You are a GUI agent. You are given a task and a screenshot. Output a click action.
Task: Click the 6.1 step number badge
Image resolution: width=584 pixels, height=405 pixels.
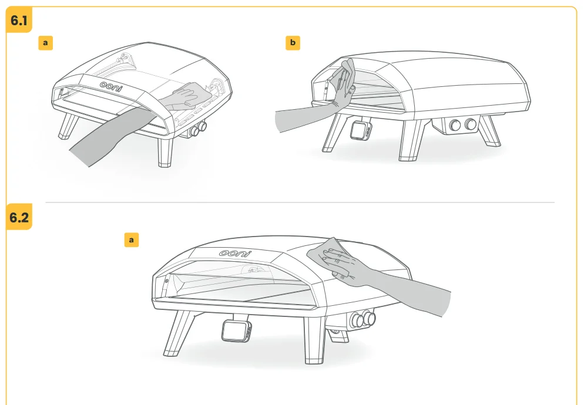tap(19, 20)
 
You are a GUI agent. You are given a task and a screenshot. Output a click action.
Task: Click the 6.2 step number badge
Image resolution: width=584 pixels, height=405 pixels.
tap(19, 217)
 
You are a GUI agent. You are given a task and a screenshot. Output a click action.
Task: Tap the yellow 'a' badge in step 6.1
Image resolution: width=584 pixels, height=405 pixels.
tap(45, 42)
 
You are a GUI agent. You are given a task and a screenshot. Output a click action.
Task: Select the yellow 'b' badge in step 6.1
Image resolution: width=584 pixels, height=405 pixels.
tap(293, 42)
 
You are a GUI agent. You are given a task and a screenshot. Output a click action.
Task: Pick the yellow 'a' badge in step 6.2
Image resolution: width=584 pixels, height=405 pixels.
tap(131, 239)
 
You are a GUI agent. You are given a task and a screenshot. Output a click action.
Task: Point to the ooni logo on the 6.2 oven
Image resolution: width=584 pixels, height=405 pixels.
tap(235, 254)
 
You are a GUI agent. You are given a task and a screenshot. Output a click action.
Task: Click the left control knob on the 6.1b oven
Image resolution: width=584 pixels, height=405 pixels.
tap(455, 125)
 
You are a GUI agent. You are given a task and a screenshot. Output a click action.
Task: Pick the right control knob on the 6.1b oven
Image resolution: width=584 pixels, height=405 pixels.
tap(471, 124)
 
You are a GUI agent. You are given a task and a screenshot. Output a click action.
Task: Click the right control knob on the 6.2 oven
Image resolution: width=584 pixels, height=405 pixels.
tap(370, 318)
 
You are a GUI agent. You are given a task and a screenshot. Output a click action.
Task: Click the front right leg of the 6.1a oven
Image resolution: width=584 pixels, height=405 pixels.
tap(165, 151)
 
